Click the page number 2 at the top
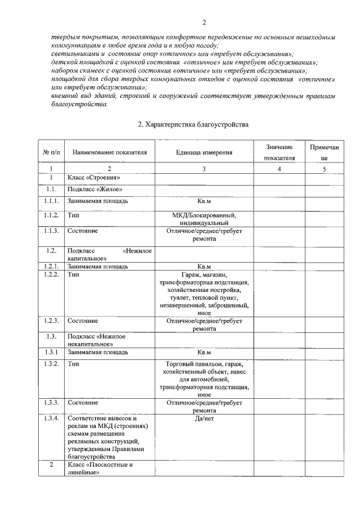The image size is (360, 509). point(205,22)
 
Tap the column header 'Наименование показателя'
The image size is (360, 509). point(110,152)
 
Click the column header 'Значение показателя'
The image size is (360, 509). point(280,152)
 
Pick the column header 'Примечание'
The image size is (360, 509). point(324,152)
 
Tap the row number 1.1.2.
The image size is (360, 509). point(51,215)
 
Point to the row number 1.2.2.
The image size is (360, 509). point(51,274)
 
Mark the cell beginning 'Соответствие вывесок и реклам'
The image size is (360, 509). point(107,438)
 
